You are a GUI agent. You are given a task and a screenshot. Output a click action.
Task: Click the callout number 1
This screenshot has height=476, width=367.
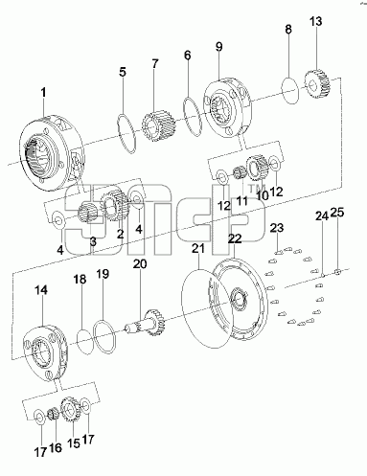pyautogui.click(x=43, y=93)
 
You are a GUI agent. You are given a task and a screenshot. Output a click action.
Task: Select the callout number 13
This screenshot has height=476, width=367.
pyautogui.click(x=315, y=22)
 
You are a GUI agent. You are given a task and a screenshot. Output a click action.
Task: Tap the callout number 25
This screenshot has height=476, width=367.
pyautogui.click(x=337, y=212)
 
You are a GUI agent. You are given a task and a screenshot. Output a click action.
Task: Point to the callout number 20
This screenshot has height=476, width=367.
pyautogui.click(x=140, y=264)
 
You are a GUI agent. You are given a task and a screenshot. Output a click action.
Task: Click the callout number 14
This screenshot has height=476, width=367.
pyautogui.click(x=41, y=290)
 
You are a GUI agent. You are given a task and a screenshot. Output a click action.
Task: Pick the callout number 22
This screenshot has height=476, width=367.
pyautogui.click(x=235, y=238)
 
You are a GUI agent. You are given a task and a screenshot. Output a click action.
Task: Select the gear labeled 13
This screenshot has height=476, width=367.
pyautogui.click(x=318, y=84)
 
